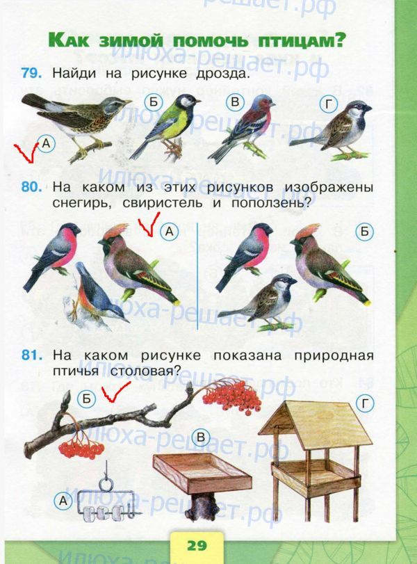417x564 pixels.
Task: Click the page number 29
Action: point(197,546)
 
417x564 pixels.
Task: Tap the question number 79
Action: point(32,73)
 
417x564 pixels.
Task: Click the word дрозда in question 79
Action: point(222,74)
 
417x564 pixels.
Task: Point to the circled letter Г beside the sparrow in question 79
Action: point(329,105)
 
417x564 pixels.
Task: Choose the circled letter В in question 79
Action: point(235,102)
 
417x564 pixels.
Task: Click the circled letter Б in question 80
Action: point(364,232)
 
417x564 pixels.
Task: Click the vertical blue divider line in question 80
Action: point(197,276)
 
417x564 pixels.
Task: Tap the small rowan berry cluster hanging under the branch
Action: point(81,448)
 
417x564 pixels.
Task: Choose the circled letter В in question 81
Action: point(201,437)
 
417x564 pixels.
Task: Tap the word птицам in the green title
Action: point(300,40)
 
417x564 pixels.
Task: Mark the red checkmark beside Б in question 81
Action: point(115,392)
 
